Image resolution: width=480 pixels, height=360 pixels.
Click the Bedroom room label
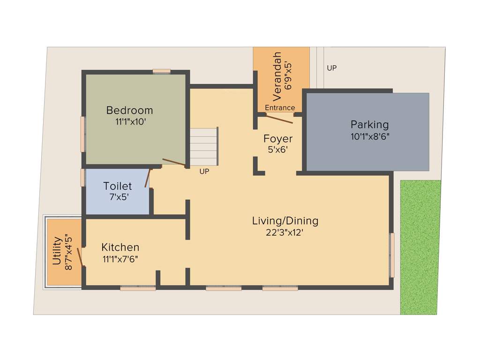pos(129,111)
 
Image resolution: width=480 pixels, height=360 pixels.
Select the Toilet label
pos(118,187)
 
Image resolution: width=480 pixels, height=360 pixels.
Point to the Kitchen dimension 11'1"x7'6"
pos(120,258)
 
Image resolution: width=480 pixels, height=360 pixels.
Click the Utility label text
pos(57,251)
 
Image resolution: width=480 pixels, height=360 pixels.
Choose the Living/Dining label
pos(285,221)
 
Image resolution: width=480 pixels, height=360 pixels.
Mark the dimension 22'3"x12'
pos(285,232)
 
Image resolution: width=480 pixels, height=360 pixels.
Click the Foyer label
pos(278,139)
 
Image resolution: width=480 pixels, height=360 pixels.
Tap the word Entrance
pos(280,108)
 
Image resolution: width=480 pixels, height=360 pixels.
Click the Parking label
pos(370,125)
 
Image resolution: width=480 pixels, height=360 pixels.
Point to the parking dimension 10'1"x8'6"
pos(370,136)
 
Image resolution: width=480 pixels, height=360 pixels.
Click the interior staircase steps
pos(204,146)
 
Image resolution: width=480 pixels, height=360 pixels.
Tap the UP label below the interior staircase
pos(204,172)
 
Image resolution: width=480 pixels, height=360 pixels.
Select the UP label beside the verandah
pos(332,68)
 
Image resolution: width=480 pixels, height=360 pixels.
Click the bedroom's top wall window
pos(162,72)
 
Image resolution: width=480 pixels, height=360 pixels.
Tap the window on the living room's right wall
pos(392,255)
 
